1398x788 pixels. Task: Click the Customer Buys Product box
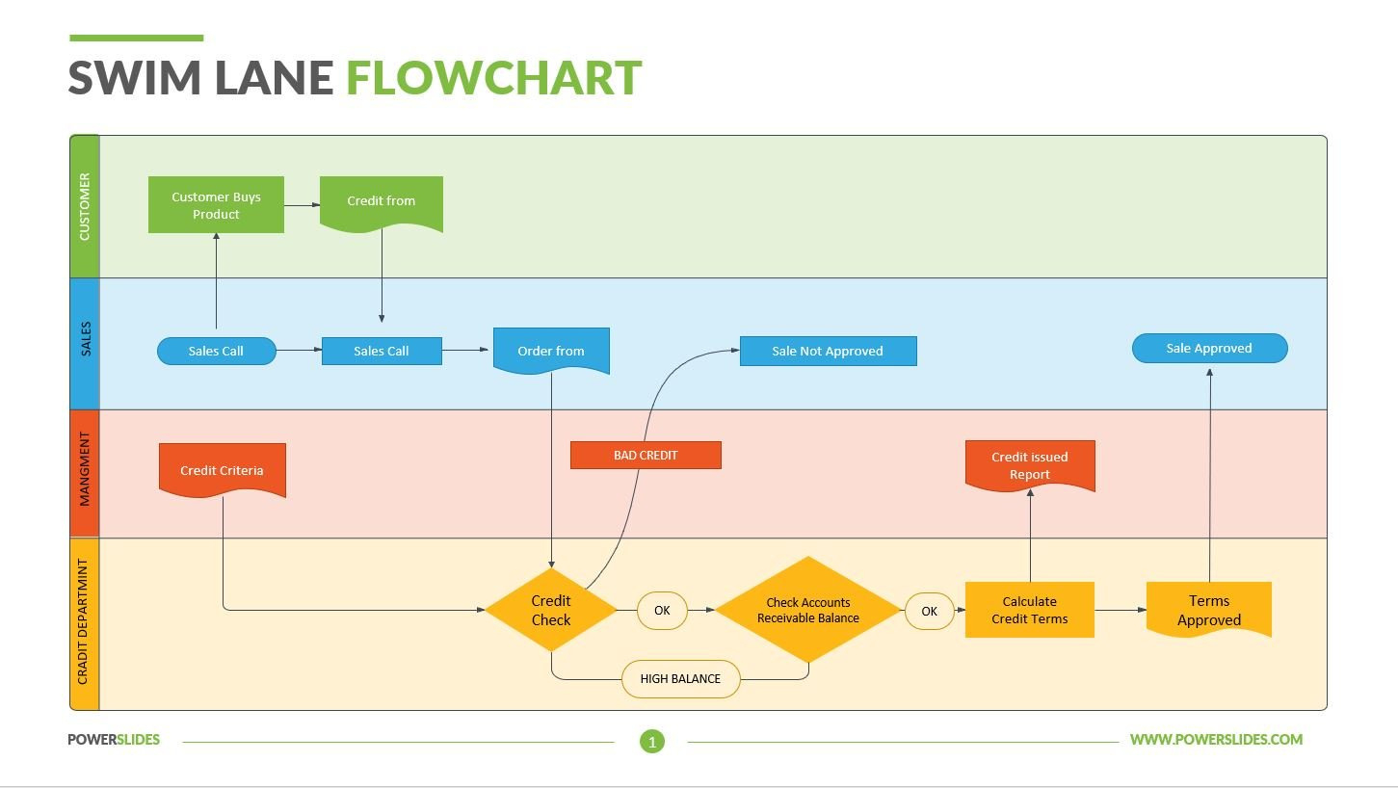(216, 205)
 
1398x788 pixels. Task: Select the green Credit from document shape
(382, 202)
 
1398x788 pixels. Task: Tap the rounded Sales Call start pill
(216, 352)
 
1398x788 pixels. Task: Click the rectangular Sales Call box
(382, 352)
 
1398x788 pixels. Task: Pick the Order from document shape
(551, 351)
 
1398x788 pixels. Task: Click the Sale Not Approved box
(828, 352)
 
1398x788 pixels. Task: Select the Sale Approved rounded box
(1209, 349)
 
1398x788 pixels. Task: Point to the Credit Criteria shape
(222, 470)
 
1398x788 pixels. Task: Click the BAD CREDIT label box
(646, 456)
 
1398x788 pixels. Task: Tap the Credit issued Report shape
(1030, 465)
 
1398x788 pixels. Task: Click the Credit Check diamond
(551, 611)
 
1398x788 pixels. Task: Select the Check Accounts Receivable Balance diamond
(808, 611)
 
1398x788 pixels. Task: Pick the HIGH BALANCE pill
(680, 679)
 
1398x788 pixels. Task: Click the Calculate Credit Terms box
(1030, 611)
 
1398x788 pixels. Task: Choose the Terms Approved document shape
(1209, 611)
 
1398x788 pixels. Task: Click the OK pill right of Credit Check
(662, 611)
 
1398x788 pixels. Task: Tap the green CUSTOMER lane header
(85, 207)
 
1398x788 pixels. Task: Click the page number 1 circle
(652, 742)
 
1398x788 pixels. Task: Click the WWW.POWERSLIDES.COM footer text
(1216, 740)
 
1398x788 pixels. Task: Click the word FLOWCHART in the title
(493, 78)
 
